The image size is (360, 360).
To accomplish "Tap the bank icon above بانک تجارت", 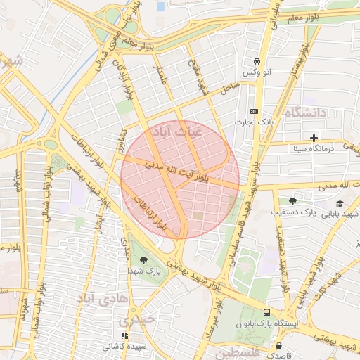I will [254, 112].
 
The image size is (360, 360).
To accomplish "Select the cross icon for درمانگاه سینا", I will [314, 137].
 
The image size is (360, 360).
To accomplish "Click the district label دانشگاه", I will [307, 112].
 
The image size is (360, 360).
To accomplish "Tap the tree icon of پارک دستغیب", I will [292, 200].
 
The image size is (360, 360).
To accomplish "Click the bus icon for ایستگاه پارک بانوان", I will [266, 311].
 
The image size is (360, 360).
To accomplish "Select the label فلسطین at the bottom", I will [236, 352].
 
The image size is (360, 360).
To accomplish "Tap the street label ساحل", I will [229, 89].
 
